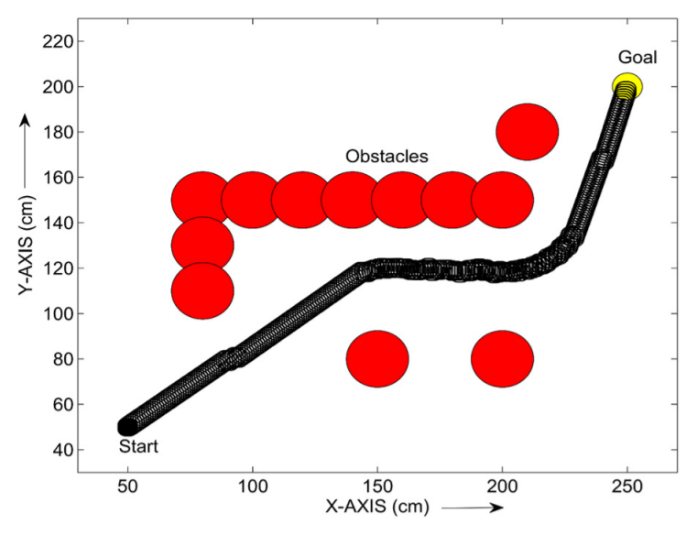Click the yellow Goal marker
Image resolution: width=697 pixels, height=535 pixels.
(x=627, y=86)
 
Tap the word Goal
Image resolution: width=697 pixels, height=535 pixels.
(x=637, y=58)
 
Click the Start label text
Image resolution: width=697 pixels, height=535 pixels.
(x=139, y=447)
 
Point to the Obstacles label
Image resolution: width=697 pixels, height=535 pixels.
(x=387, y=157)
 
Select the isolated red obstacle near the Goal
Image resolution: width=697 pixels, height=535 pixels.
(x=527, y=132)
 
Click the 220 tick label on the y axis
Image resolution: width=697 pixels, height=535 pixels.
(x=58, y=41)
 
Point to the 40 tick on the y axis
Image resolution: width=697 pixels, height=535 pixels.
(x=62, y=450)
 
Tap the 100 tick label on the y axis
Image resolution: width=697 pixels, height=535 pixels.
(x=58, y=313)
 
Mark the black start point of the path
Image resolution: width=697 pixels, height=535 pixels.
(x=127, y=426)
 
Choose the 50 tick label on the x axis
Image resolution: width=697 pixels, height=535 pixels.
(x=127, y=484)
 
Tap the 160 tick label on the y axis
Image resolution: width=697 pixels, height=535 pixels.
(x=58, y=178)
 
